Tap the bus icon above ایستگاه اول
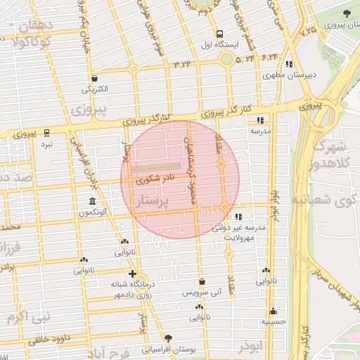pos(220,33)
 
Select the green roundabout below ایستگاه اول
pos(226,60)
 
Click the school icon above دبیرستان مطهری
pos(269,64)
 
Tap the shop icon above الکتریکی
pos(95,79)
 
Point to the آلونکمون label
pos(93,211)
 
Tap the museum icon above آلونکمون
pos(92,201)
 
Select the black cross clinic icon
pos(132,274)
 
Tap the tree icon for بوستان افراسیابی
pos(168,338)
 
